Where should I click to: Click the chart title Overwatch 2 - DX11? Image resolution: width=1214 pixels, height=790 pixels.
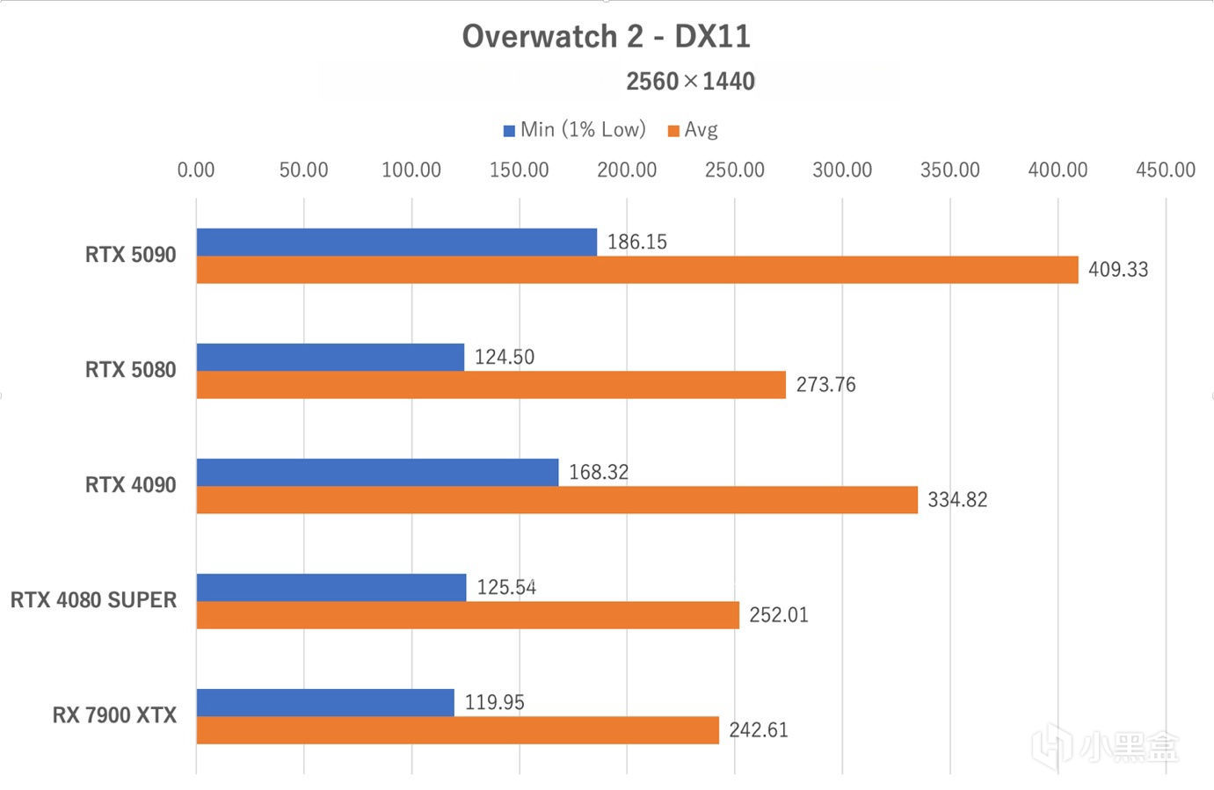pos(606,37)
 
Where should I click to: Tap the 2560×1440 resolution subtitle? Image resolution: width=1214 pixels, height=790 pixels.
pos(690,82)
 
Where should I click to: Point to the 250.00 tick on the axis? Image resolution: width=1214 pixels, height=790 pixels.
pos(734,170)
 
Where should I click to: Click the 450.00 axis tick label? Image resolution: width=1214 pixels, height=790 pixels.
pos(1165,170)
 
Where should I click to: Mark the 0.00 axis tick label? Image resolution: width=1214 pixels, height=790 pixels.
pos(196,170)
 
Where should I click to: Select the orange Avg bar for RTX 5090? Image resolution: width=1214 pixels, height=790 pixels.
pos(636,270)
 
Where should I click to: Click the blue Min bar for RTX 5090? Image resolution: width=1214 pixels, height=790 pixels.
pos(396,242)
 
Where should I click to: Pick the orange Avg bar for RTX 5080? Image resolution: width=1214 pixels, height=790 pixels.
pos(491,385)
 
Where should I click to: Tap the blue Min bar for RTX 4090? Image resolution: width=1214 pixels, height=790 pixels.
pos(377,472)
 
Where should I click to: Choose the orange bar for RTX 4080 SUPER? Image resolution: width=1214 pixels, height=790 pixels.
pos(468,615)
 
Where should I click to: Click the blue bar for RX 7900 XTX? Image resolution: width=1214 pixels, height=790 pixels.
pos(325,702)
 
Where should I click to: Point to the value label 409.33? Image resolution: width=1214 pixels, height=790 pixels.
pos(1118,270)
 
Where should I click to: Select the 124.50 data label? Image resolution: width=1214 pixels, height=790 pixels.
pos(505,357)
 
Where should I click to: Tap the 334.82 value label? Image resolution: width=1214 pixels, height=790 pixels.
pos(957,500)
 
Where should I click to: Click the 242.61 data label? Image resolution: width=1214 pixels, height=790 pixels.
pos(759,730)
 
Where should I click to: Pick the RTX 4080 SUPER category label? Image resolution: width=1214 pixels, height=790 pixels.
pos(93,600)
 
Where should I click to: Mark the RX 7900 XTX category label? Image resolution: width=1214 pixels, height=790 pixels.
pos(114,715)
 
